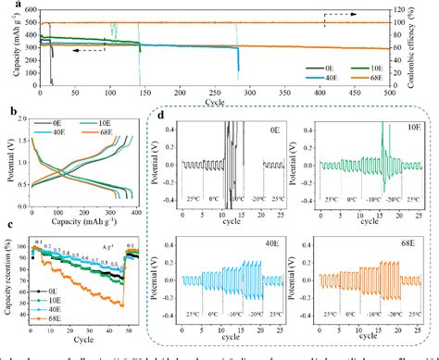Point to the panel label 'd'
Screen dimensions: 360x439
(x=164, y=115)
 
